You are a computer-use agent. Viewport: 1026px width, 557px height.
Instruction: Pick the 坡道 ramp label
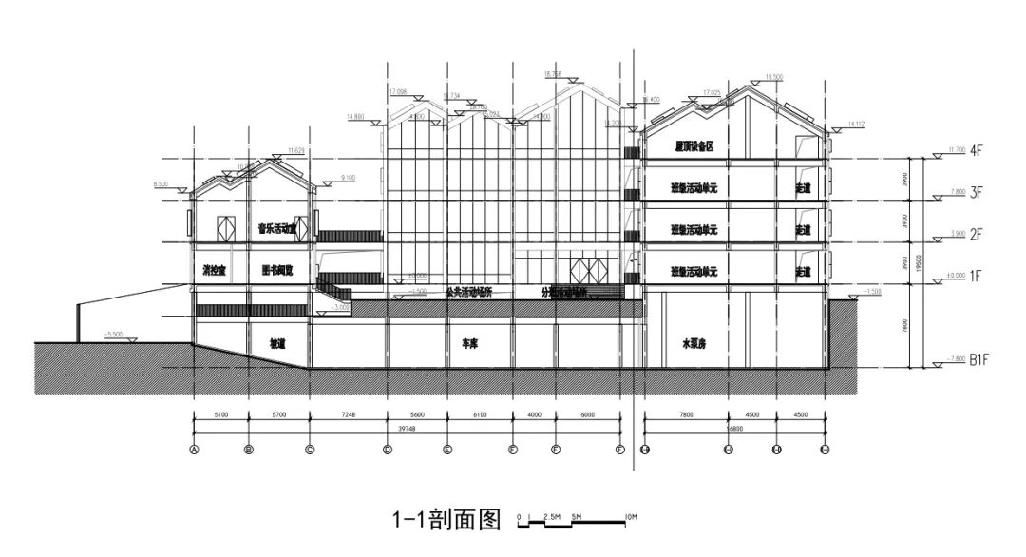(x=277, y=342)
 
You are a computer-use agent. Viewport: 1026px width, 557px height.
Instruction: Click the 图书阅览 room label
(x=277, y=271)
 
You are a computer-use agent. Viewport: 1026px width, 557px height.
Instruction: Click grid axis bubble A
(x=194, y=449)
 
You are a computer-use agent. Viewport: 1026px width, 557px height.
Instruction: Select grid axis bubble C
(x=310, y=449)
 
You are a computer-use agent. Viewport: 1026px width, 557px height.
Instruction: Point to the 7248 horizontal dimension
(x=348, y=414)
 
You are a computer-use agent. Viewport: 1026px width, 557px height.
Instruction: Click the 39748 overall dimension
(x=407, y=429)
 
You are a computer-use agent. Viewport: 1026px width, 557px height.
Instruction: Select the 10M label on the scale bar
(x=631, y=517)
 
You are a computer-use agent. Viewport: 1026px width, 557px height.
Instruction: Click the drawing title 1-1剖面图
(x=446, y=520)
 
